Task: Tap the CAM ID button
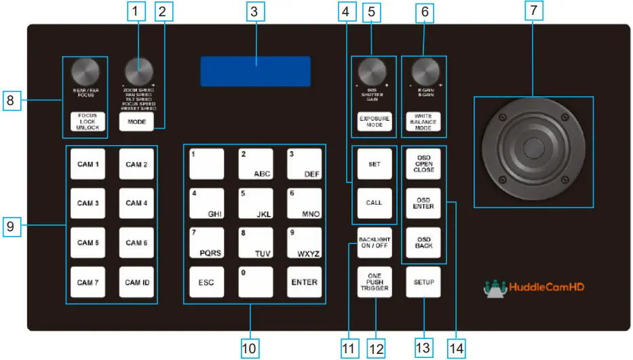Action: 136,281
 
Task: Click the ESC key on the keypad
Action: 206,281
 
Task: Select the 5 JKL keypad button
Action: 255,203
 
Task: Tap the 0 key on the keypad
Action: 255,281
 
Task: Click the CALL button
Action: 374,202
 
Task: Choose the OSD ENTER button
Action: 424,202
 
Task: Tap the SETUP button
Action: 424,281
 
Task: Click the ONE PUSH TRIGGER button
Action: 374,281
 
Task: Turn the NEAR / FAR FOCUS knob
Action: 84,73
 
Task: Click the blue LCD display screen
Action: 256,71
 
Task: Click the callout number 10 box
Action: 250,348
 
